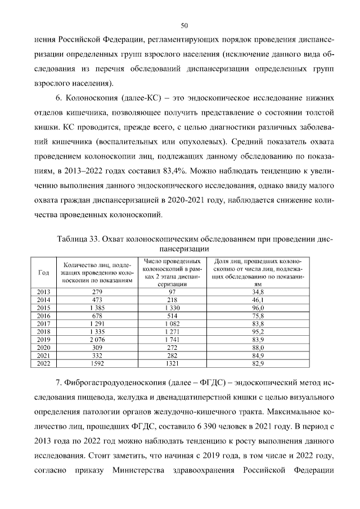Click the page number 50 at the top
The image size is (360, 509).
tap(184, 25)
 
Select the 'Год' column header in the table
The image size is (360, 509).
tap(43, 272)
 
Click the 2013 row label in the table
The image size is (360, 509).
tap(43, 292)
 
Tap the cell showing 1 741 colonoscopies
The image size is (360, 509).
tap(172, 340)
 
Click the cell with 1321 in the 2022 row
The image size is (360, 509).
tap(172, 363)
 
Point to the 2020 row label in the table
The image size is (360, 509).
tap(43, 348)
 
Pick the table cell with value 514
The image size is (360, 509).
tap(172, 316)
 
